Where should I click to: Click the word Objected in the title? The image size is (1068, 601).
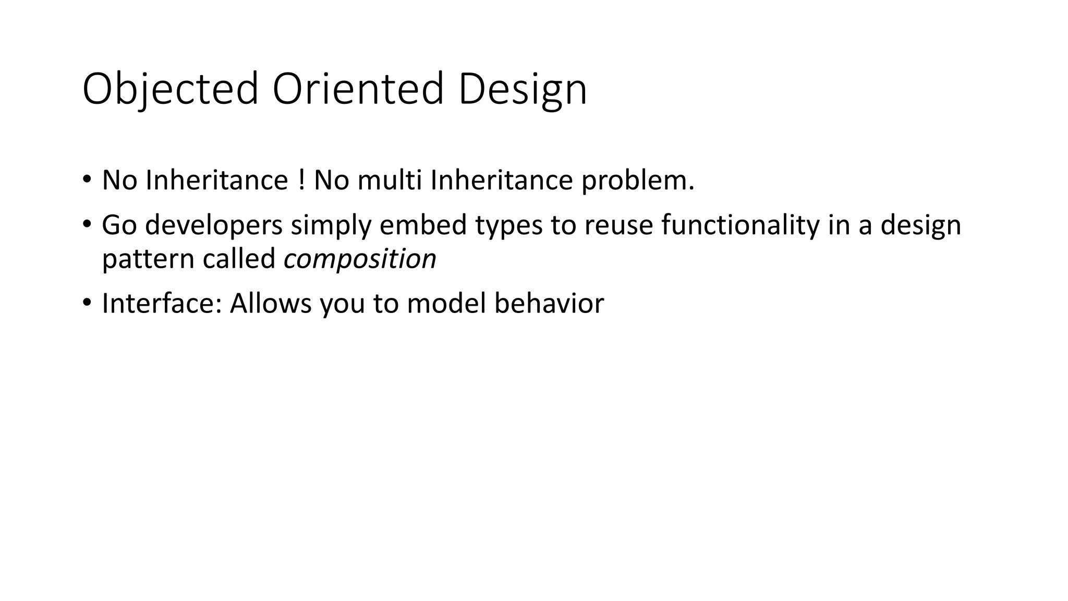(x=170, y=90)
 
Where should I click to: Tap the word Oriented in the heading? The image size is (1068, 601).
(x=358, y=90)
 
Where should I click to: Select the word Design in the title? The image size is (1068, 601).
(x=523, y=90)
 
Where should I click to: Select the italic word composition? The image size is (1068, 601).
(x=360, y=259)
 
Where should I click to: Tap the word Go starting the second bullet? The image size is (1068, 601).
(x=119, y=225)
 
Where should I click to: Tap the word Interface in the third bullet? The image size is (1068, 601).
(x=162, y=304)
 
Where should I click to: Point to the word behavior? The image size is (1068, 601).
(x=549, y=304)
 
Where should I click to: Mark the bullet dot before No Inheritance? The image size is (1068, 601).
(x=87, y=181)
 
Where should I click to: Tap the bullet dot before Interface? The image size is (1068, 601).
(x=87, y=303)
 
